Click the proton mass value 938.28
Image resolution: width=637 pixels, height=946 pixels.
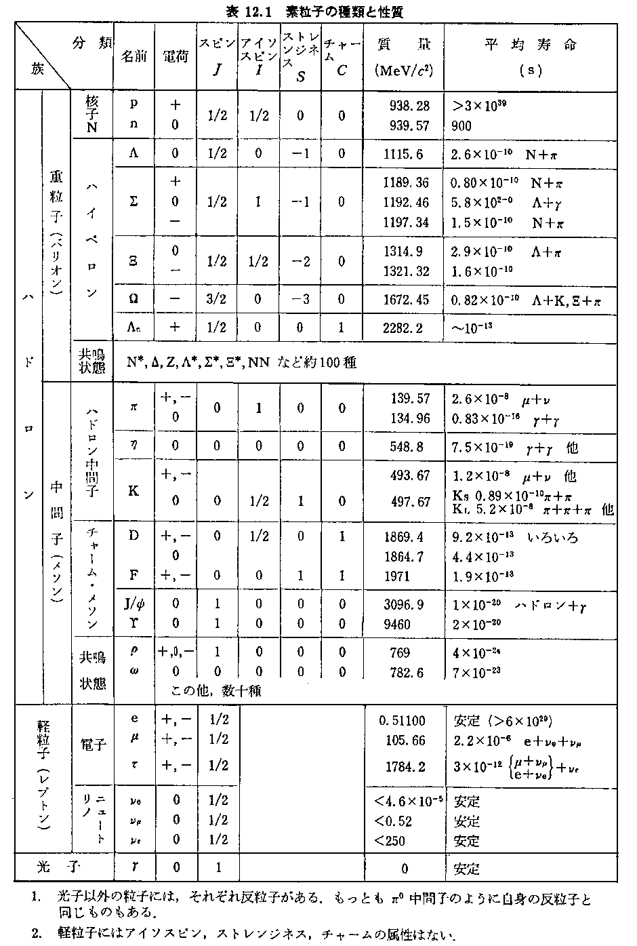point(410,106)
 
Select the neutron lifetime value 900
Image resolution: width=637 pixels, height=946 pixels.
point(461,125)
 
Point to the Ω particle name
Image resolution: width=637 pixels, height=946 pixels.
point(133,298)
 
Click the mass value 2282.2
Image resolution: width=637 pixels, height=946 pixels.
point(403,328)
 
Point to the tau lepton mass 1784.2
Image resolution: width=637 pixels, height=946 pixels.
point(405,767)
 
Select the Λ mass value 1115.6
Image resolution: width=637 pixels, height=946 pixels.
point(403,155)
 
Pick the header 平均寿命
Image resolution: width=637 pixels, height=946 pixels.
point(531,45)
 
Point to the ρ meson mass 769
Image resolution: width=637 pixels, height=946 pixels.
point(400,652)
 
